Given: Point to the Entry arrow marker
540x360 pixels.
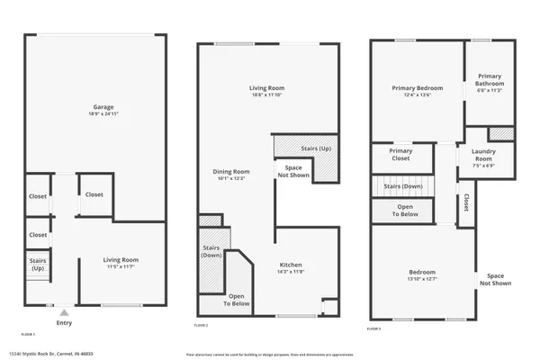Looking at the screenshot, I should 64,312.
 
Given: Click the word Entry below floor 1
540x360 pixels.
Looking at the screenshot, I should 64,323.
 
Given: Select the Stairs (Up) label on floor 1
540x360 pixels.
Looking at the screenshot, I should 37,265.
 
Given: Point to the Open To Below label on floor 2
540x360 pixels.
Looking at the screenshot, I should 238,300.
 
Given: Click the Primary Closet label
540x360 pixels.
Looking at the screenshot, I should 400,155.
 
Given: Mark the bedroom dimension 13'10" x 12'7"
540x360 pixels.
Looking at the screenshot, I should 422,278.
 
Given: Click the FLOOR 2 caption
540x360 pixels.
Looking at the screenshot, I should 202,325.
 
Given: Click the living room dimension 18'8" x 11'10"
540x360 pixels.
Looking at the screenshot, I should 266,94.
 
